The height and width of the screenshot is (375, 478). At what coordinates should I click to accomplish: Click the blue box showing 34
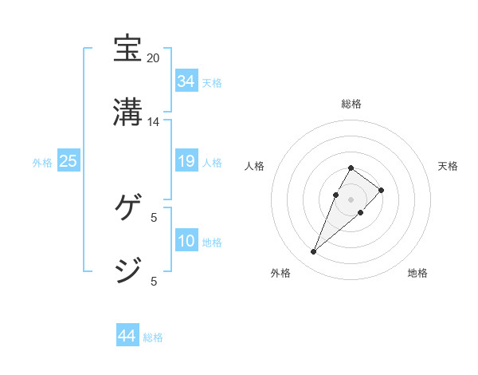186,81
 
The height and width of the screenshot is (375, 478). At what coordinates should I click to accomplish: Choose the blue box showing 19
186,161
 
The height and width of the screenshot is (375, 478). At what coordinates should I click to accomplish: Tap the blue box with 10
186,241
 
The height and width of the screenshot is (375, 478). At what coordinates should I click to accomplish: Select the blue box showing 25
68,161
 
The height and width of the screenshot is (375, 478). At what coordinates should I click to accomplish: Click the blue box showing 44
127,336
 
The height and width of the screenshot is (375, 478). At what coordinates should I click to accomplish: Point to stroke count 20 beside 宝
154,58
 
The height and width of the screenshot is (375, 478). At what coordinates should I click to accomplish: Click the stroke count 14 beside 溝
154,122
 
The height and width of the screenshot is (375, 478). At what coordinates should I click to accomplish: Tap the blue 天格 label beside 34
212,82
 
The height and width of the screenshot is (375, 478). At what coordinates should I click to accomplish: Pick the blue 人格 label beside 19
212,162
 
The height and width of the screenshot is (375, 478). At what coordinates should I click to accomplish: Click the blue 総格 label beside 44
153,337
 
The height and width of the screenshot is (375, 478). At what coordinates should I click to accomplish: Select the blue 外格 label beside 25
42,162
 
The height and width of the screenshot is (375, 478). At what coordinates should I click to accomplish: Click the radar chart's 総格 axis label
351,104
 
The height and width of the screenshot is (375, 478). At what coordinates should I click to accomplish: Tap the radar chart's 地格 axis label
417,273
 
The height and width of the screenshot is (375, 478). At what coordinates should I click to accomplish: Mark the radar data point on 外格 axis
313,252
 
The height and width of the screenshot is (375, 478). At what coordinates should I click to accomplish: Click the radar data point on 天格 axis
382,190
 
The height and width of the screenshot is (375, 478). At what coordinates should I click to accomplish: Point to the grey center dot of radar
351,199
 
